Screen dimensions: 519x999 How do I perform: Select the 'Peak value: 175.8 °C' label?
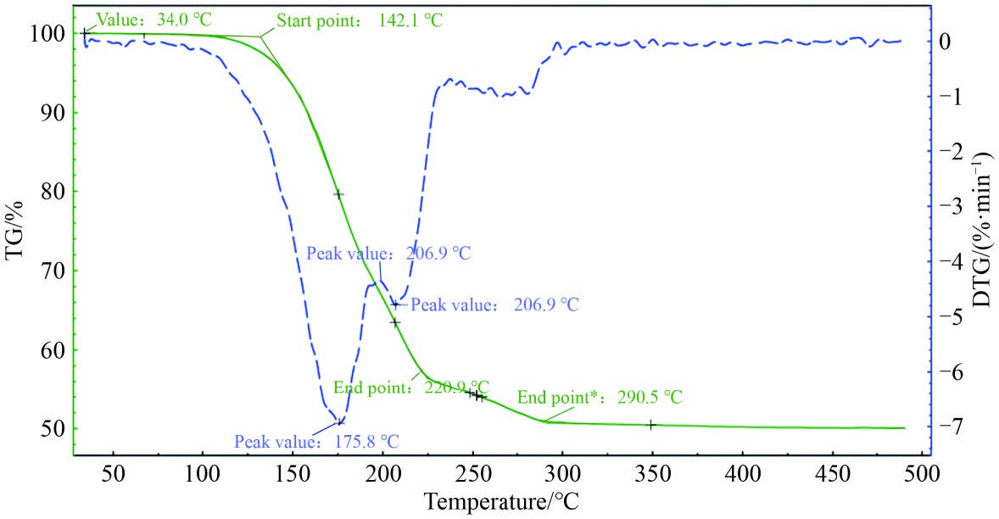tap(316, 442)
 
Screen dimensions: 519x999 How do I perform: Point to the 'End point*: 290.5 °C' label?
tap(600, 397)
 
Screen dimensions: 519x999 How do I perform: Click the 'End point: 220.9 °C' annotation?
tap(411, 387)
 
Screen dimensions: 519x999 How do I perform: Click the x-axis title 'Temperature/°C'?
tap(502, 501)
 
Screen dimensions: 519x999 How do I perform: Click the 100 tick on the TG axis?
tap(47, 34)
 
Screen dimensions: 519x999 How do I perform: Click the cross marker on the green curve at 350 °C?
tap(651, 425)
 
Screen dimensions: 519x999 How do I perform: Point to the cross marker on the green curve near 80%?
tap(338, 194)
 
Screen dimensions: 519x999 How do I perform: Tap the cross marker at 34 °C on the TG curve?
tap(85, 32)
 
